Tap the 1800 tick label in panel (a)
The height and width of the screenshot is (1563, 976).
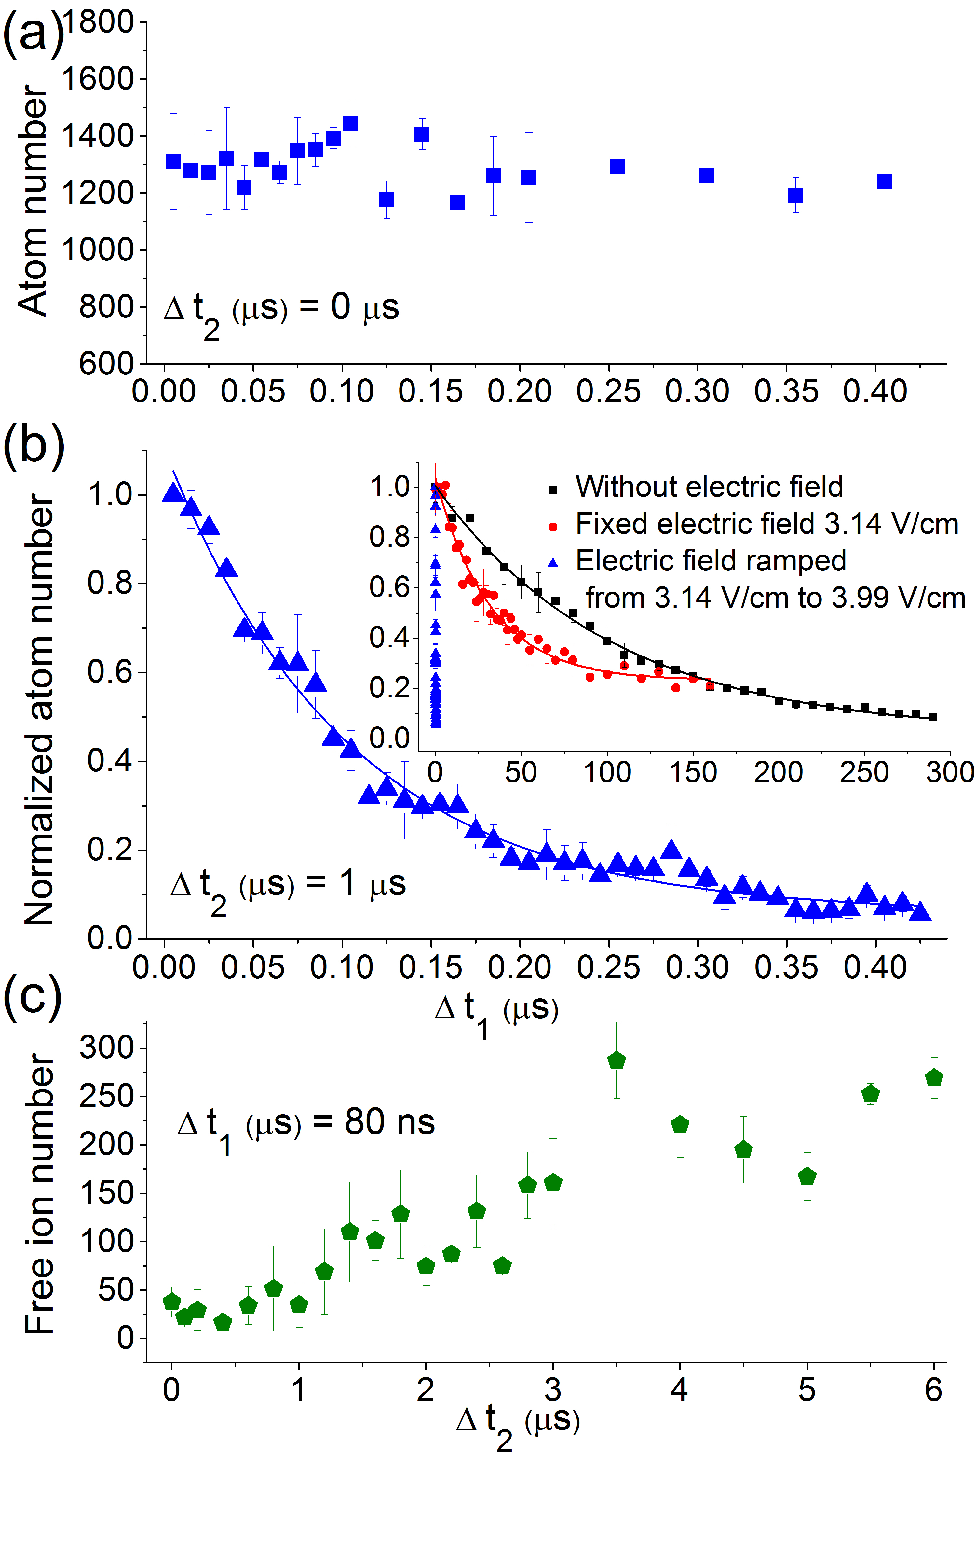click(x=98, y=22)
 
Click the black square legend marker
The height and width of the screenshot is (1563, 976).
click(x=552, y=490)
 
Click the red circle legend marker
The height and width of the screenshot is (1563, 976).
click(x=552, y=527)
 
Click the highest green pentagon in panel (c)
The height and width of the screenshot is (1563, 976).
click(x=617, y=1061)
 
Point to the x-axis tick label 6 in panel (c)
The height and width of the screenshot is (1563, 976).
click(x=933, y=1390)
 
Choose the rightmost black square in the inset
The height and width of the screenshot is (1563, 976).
click(x=933, y=717)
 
